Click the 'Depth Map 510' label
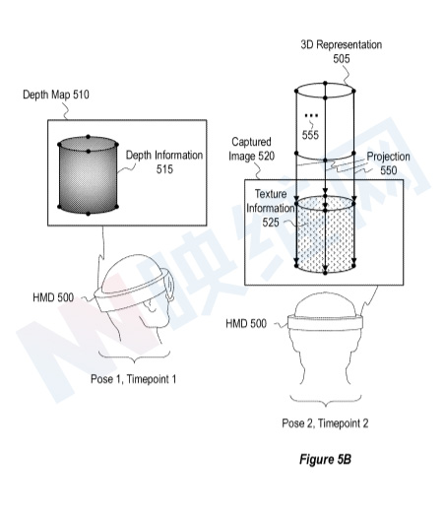click(x=56, y=95)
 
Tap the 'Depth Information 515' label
click(x=164, y=162)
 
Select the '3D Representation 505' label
click(x=342, y=51)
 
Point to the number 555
click(x=310, y=135)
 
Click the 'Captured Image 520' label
click(x=251, y=149)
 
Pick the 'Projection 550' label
click(x=388, y=163)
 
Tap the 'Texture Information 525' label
click(x=271, y=208)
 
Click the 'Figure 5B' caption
click(x=325, y=459)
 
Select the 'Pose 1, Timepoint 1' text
click(x=134, y=379)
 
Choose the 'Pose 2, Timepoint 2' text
click(x=325, y=423)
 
